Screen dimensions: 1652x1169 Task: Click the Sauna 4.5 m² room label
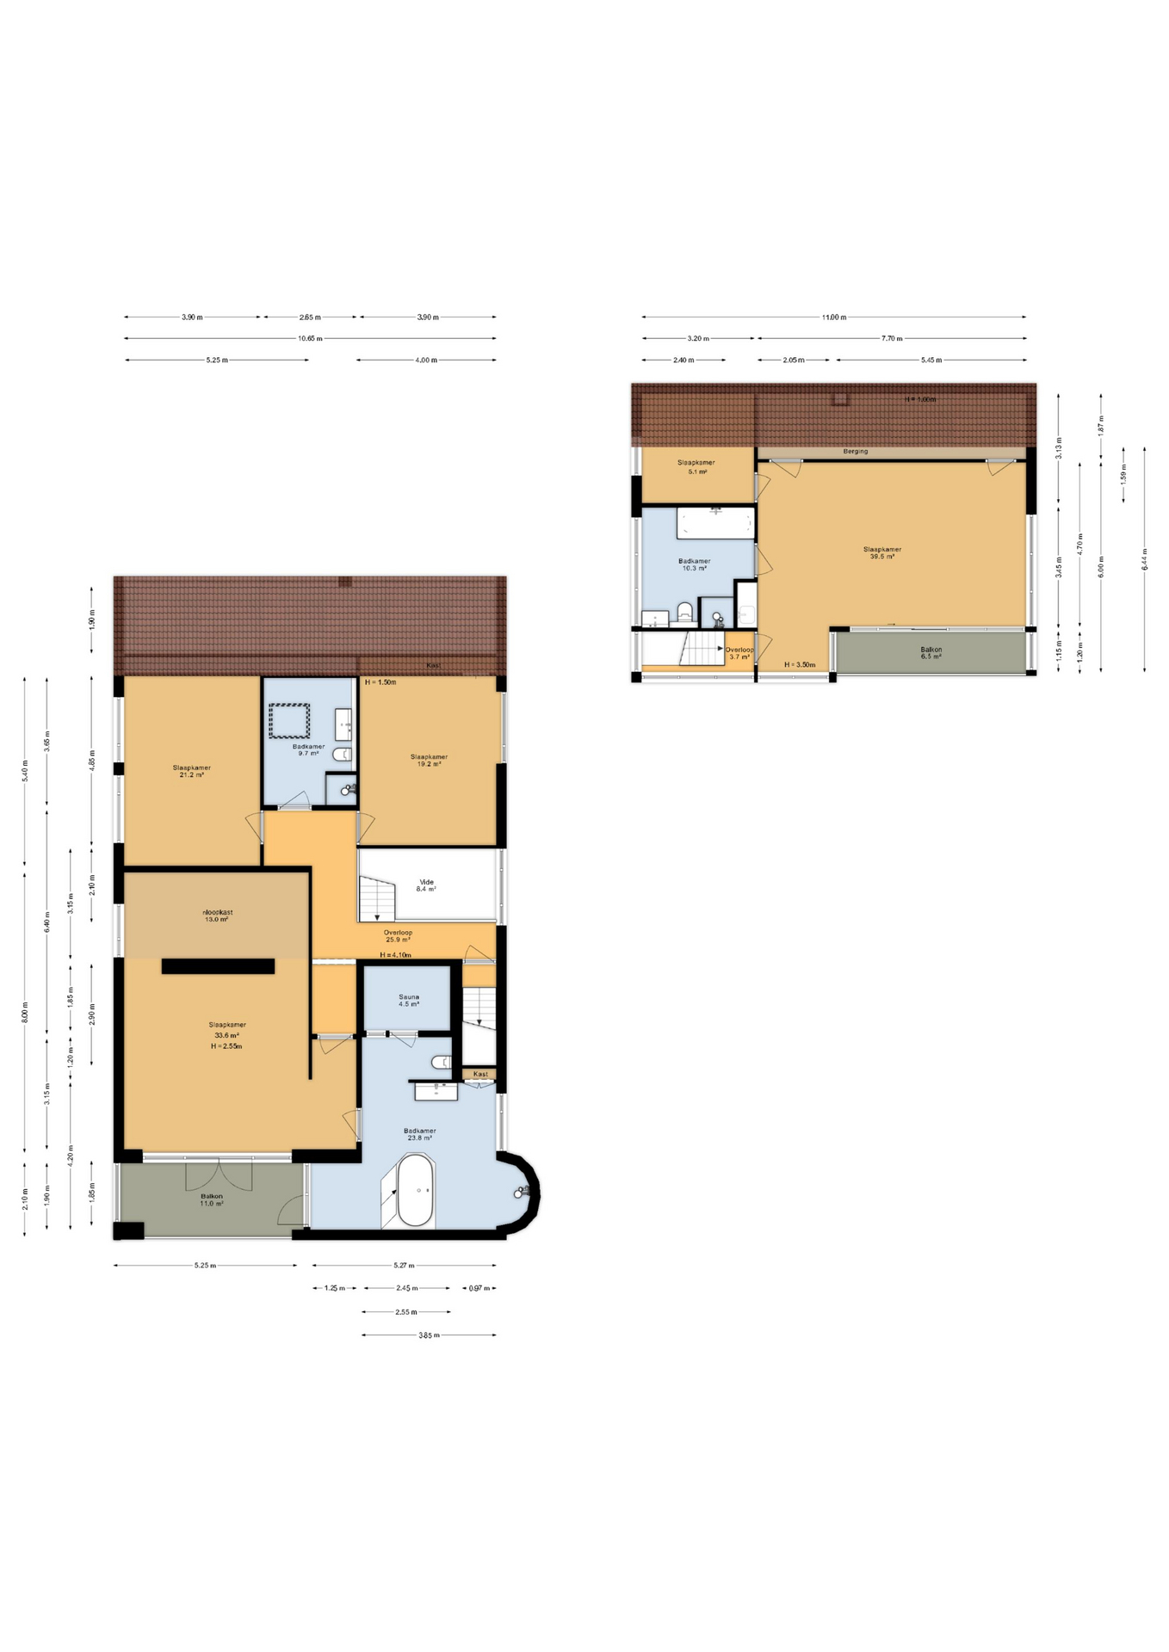tap(408, 1001)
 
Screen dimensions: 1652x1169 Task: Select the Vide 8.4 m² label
tap(426, 885)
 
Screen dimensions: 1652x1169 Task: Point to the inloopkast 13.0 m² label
tap(217, 915)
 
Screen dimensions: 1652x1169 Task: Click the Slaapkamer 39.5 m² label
tap(881, 552)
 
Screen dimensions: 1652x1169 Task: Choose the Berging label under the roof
tap(855, 451)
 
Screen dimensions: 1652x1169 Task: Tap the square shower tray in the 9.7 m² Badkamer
tap(289, 721)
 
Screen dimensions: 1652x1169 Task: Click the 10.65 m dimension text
tap(310, 338)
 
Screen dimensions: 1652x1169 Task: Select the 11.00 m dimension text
tap(833, 317)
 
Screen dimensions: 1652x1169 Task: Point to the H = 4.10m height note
tap(395, 955)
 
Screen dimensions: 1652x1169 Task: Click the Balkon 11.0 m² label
tap(212, 1199)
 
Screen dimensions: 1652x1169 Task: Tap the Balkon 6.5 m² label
tap(931, 653)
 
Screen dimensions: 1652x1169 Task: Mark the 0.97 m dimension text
tap(479, 1289)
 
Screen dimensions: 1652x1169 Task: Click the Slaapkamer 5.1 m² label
tap(696, 466)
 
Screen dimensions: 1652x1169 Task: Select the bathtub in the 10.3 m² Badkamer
tap(715, 522)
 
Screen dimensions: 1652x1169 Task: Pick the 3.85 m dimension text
tap(429, 1335)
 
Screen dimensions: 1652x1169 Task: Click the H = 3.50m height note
tap(799, 665)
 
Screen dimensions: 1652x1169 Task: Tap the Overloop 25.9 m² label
tap(398, 935)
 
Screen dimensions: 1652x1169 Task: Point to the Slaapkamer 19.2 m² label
tap(429, 760)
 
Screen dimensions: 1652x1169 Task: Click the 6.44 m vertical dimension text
tap(1144, 559)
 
